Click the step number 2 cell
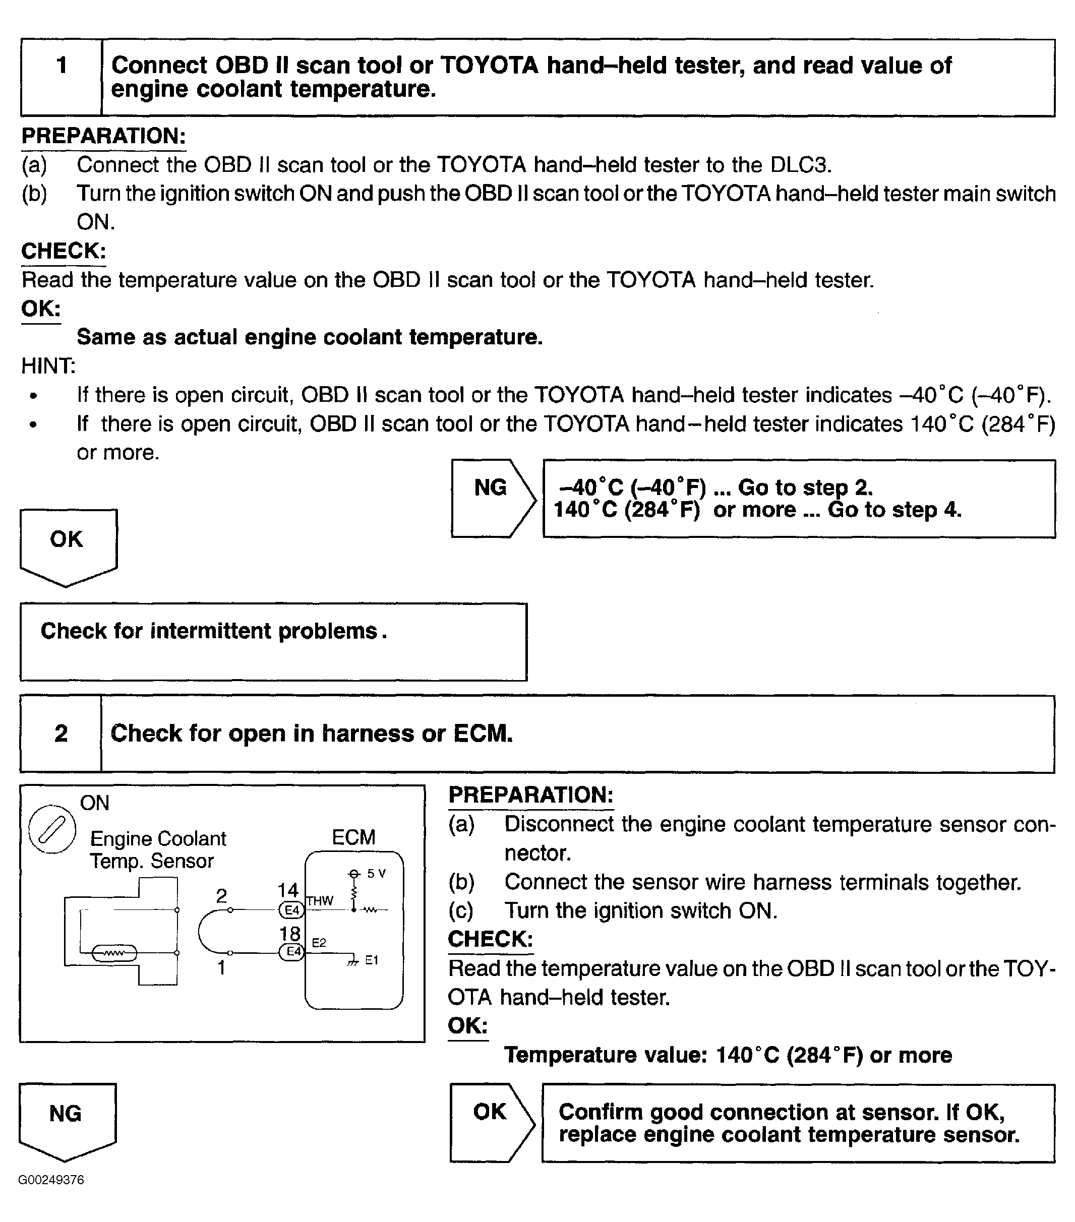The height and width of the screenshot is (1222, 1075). [61, 734]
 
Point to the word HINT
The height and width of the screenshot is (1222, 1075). [48, 366]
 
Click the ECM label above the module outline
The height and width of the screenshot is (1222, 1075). [353, 837]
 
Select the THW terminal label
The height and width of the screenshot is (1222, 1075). [320, 901]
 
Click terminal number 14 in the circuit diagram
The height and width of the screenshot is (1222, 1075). [288, 890]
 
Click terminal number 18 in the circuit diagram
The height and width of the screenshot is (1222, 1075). [290, 934]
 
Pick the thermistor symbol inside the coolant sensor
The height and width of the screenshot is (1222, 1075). [114, 953]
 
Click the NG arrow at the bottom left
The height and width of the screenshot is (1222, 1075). [67, 1118]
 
